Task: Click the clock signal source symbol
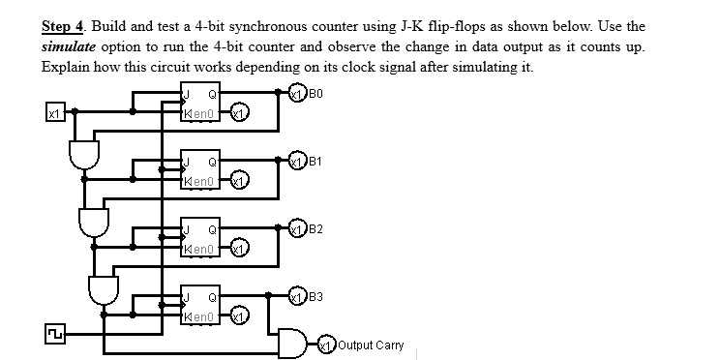pyautogui.click(x=52, y=334)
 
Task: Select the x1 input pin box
pyautogui.click(x=54, y=114)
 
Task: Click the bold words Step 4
pyautogui.click(x=63, y=26)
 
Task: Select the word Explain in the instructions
pyautogui.click(x=65, y=67)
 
